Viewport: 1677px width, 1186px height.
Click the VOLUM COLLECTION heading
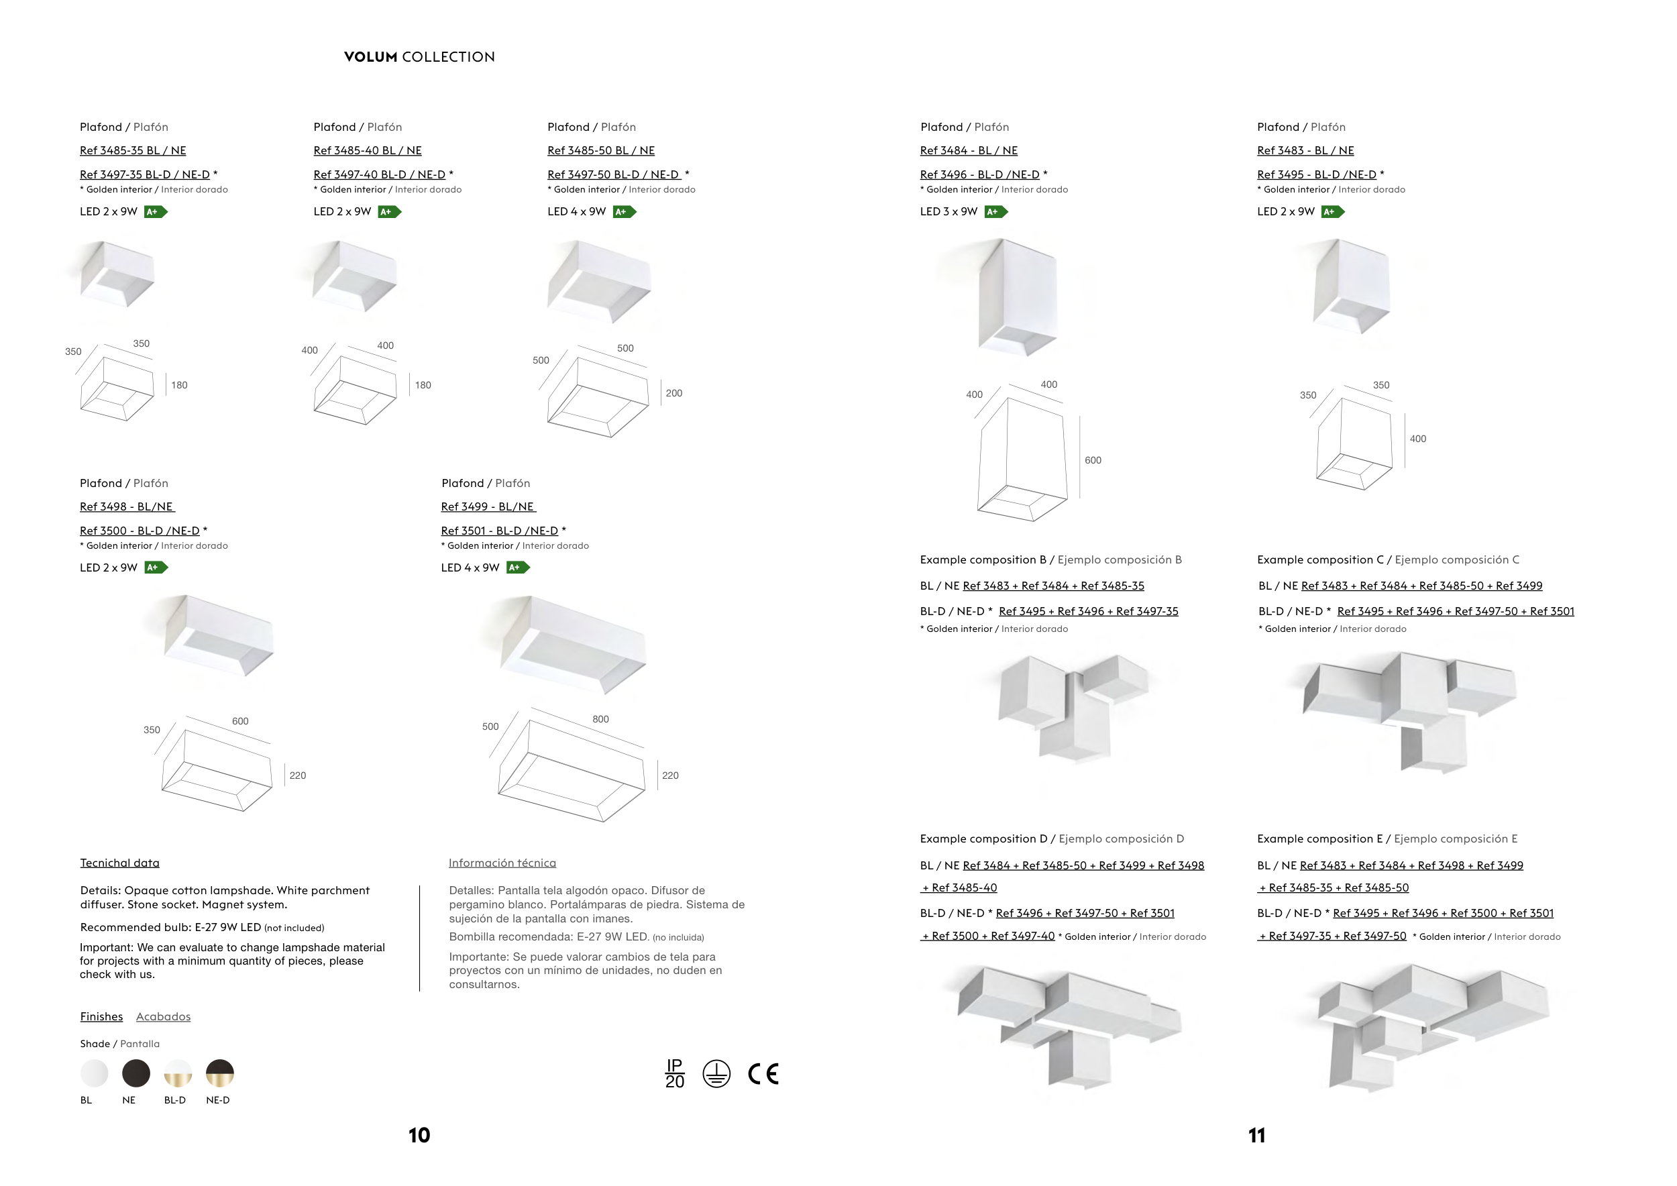coord(419,57)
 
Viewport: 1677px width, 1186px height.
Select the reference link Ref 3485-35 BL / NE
coord(133,150)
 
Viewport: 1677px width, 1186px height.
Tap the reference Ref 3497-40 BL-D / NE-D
coord(379,174)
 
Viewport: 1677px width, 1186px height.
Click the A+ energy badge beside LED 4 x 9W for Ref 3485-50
coord(625,212)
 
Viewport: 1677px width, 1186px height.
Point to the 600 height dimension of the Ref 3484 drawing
coord(1093,460)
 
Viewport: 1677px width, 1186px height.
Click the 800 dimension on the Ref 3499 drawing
coord(600,719)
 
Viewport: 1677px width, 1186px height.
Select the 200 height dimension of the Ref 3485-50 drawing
coord(674,393)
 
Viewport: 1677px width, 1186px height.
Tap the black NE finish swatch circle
coord(136,1073)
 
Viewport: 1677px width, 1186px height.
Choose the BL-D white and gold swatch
coord(178,1073)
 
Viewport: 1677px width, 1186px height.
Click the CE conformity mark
coord(763,1073)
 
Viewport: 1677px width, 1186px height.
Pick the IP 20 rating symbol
coord(675,1073)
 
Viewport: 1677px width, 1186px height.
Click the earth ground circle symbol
coord(716,1073)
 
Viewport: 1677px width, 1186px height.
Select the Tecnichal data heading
coord(120,863)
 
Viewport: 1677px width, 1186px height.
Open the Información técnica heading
coord(502,863)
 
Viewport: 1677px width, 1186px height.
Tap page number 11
coord(1256,1136)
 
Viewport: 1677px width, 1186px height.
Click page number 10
coord(419,1136)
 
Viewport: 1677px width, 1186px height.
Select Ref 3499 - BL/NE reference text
coord(488,507)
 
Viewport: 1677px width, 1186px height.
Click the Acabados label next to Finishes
coord(163,1016)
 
